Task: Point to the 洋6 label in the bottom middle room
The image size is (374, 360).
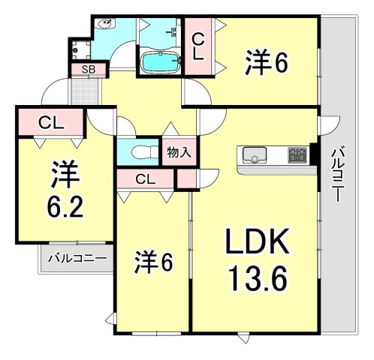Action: [155, 262]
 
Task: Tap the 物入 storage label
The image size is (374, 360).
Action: [179, 151]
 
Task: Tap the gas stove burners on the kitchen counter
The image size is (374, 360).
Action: [299, 155]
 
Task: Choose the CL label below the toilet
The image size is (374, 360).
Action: [146, 178]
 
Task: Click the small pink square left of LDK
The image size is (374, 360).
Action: [185, 178]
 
